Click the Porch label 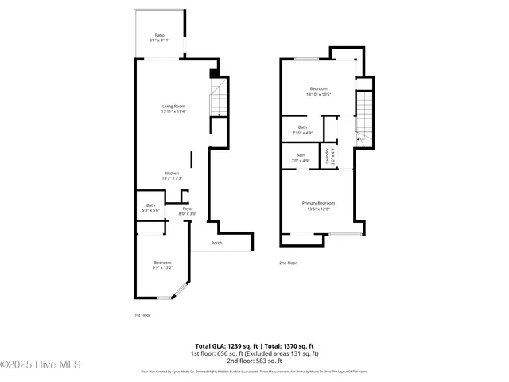[216, 243]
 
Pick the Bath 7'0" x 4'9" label [301, 158]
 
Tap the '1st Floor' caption [142, 315]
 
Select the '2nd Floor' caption [287, 262]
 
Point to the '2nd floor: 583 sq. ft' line [254, 361]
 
